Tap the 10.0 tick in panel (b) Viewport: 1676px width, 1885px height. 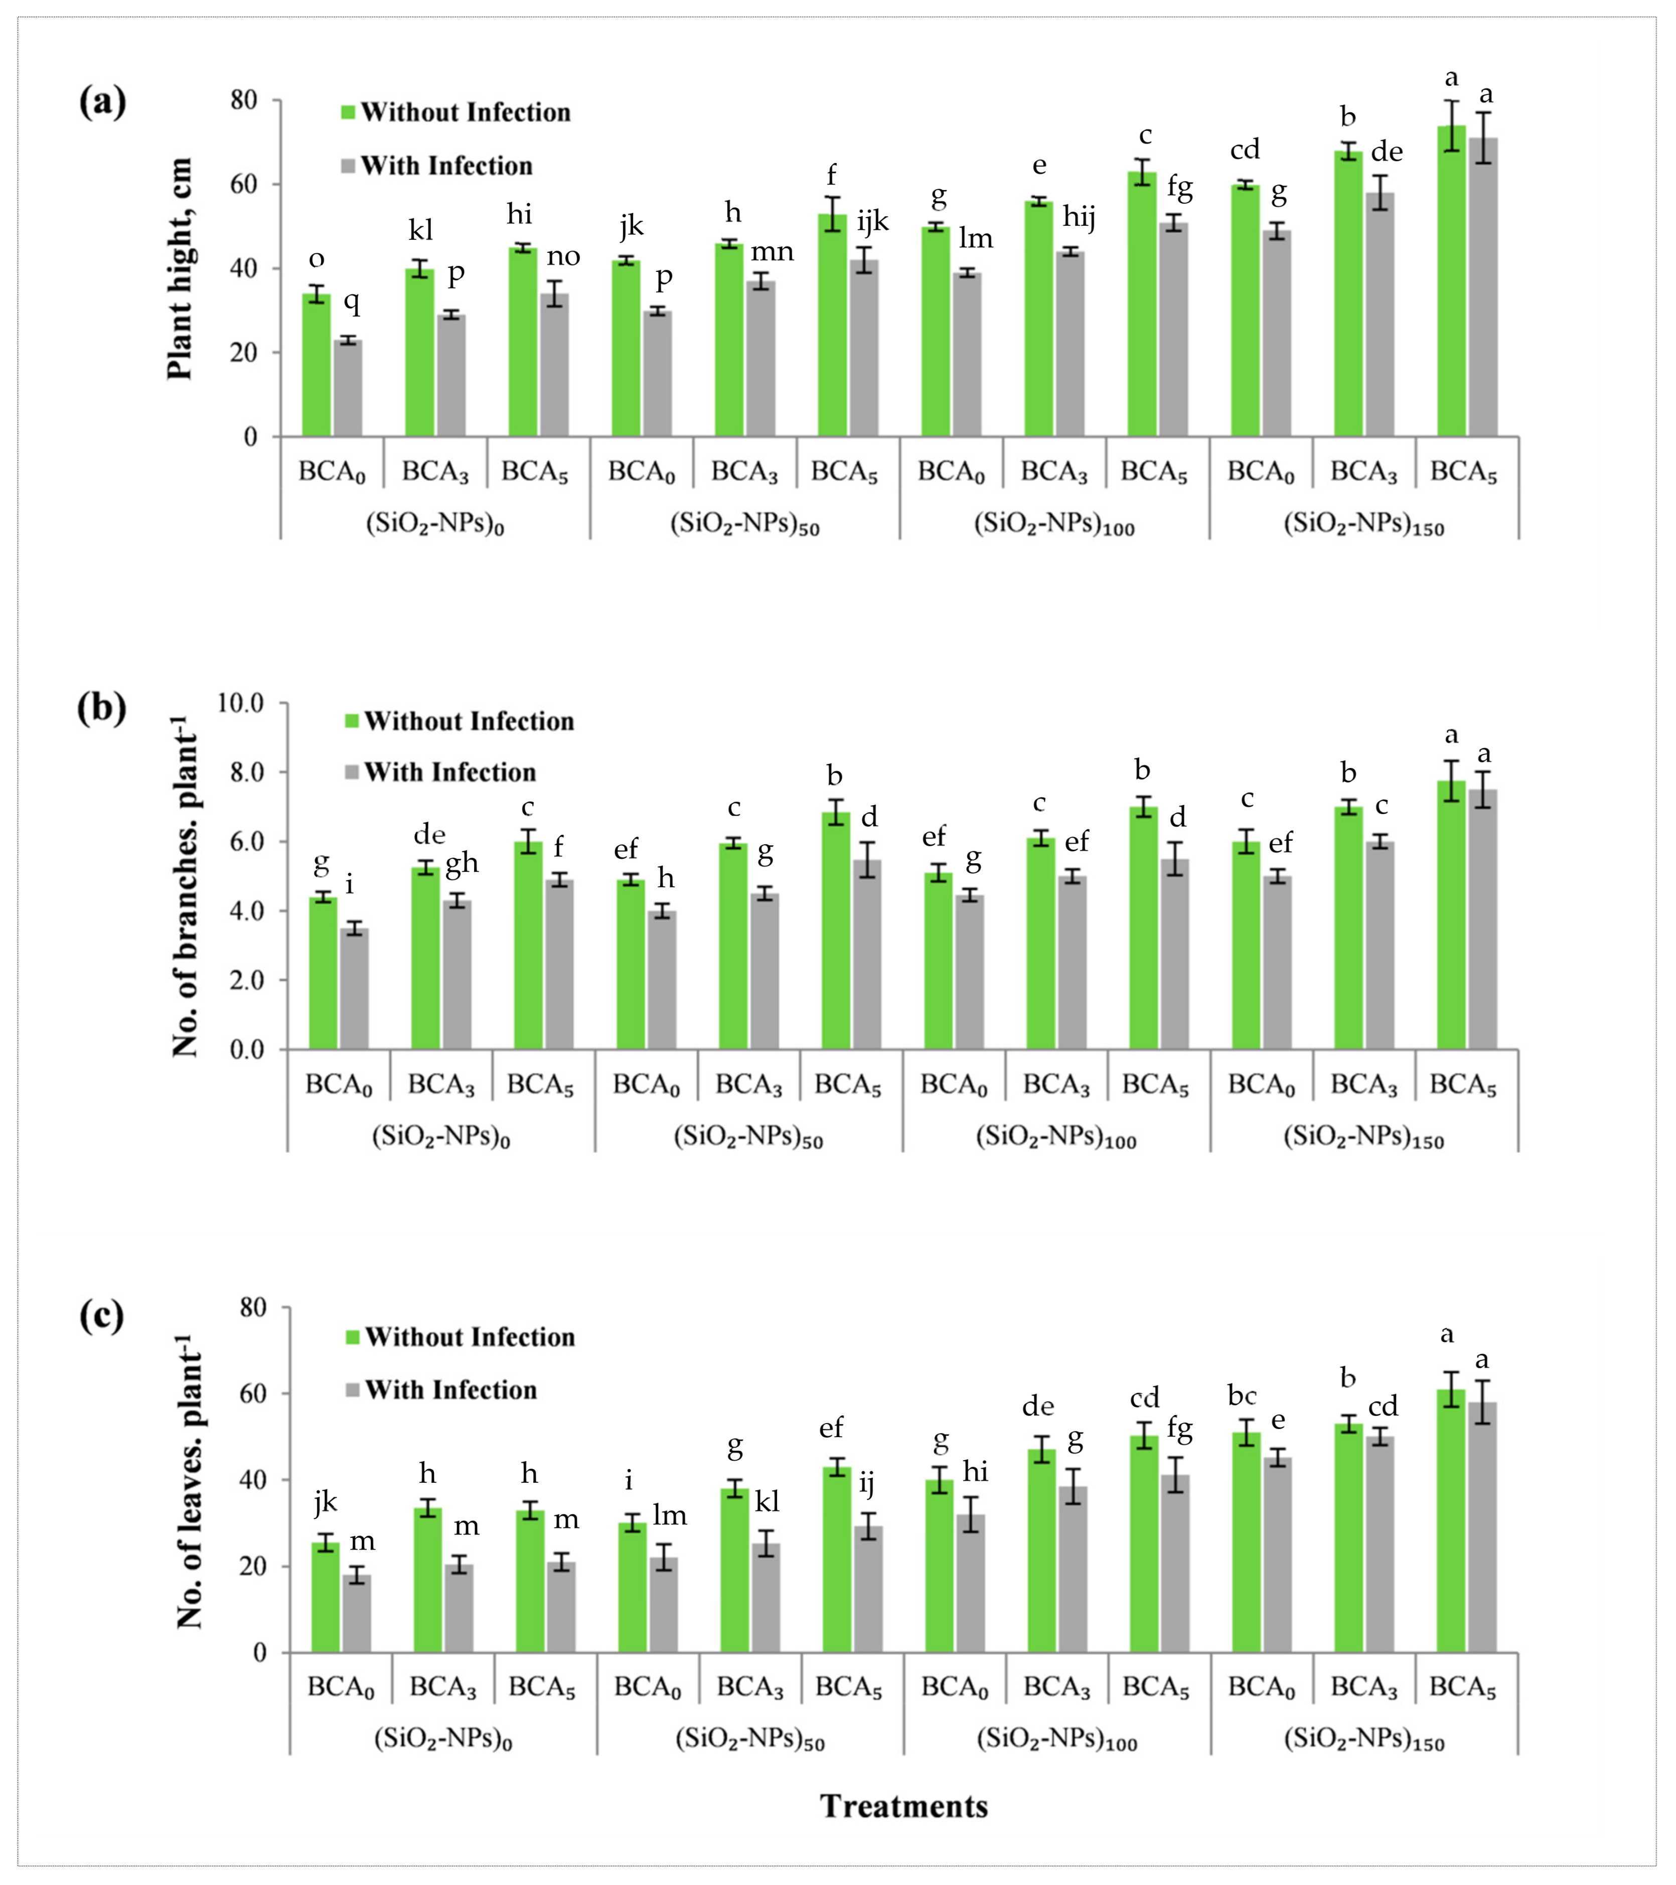[x=241, y=703]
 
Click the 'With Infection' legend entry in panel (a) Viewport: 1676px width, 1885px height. [x=437, y=166]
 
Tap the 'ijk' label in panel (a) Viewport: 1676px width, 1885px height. [x=872, y=221]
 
